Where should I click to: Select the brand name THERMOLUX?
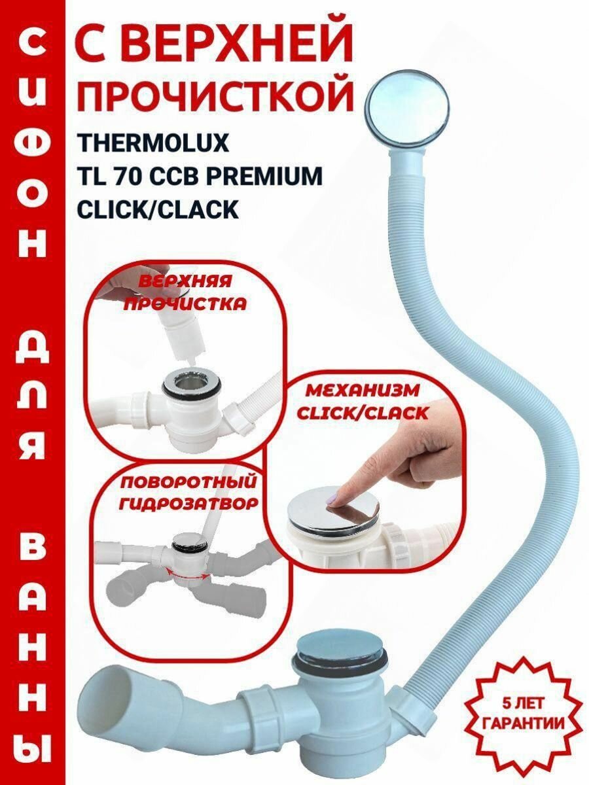tap(153, 143)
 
